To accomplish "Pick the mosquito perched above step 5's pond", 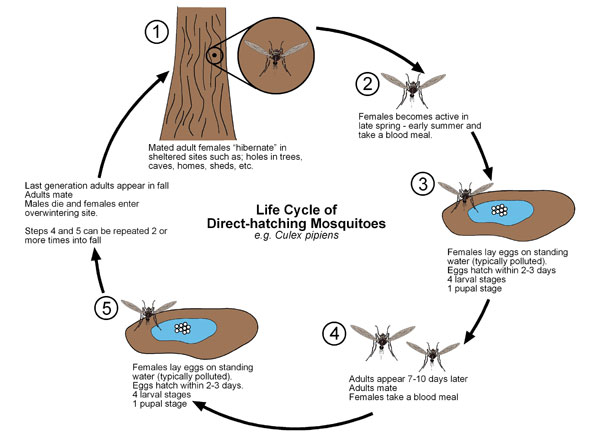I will tap(157, 311).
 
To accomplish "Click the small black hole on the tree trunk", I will tap(216, 55).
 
